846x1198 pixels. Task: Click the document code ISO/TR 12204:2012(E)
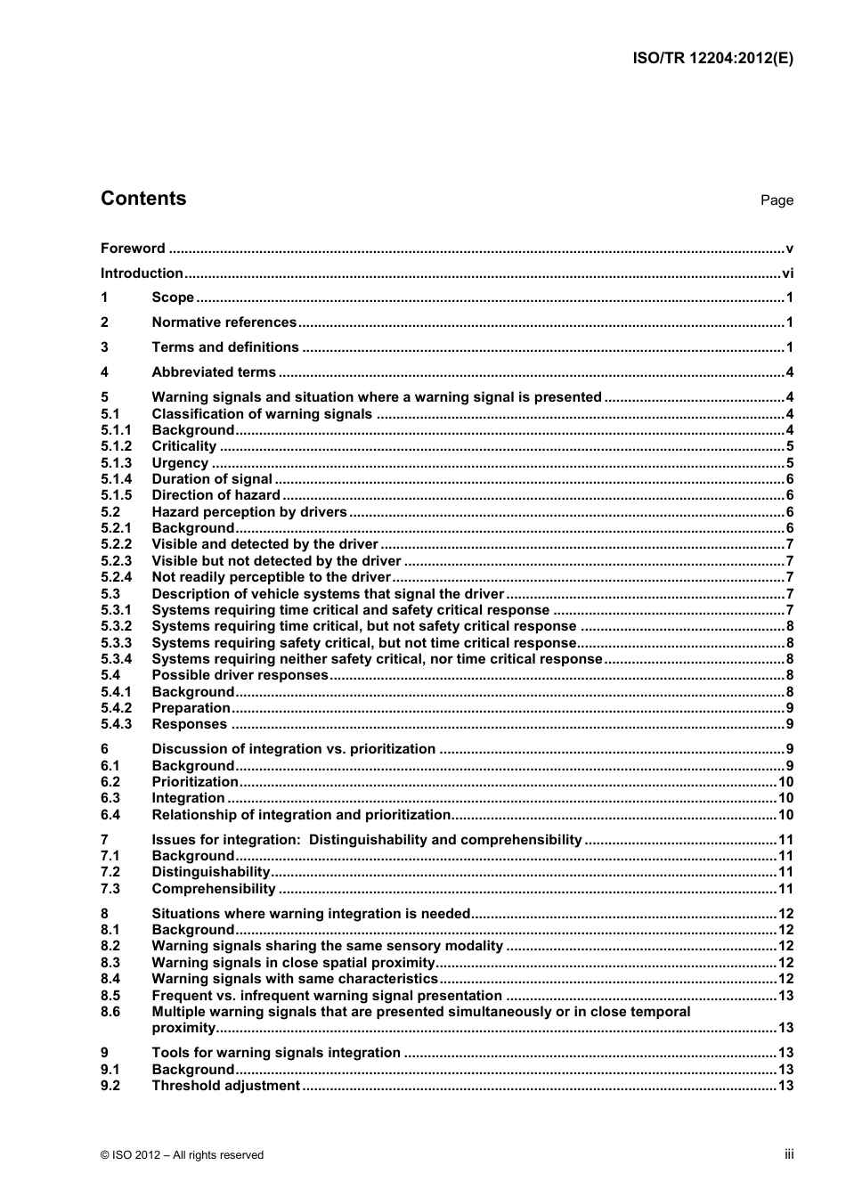[712, 59]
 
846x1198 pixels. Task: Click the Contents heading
[143, 199]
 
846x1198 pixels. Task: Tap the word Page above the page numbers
[777, 200]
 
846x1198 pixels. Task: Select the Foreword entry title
[133, 249]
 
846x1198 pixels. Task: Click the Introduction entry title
[142, 273]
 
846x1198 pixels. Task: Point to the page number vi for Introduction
[787, 273]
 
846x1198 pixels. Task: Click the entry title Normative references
[224, 322]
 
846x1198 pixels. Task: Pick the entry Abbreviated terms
[214, 372]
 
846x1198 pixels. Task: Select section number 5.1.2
[116, 446]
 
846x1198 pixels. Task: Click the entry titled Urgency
[180, 463]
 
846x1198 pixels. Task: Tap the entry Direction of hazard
[216, 495]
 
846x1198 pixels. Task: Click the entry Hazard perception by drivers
[249, 512]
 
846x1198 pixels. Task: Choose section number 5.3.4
[116, 659]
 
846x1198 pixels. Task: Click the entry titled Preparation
[191, 708]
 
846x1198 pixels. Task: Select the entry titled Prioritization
[195, 782]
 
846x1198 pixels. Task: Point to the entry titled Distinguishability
[210, 872]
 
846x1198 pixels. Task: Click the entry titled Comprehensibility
[214, 889]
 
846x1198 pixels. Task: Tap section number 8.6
[110, 1012]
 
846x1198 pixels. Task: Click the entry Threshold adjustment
[225, 1086]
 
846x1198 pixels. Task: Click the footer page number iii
[789, 1154]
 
